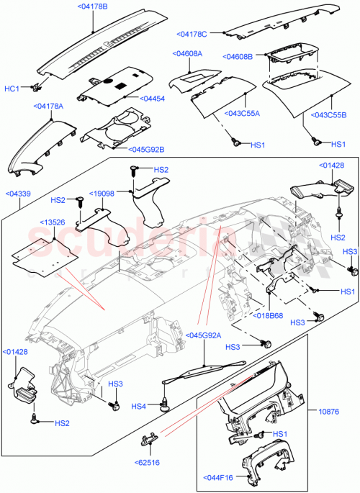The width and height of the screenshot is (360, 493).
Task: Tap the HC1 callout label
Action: (12, 89)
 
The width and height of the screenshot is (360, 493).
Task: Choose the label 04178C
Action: (192, 34)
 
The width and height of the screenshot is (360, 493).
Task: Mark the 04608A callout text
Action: (186, 53)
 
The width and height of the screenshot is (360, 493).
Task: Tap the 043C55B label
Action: (328, 114)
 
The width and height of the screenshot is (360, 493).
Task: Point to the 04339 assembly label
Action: (18, 194)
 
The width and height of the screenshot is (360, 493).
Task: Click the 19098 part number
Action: (103, 194)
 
